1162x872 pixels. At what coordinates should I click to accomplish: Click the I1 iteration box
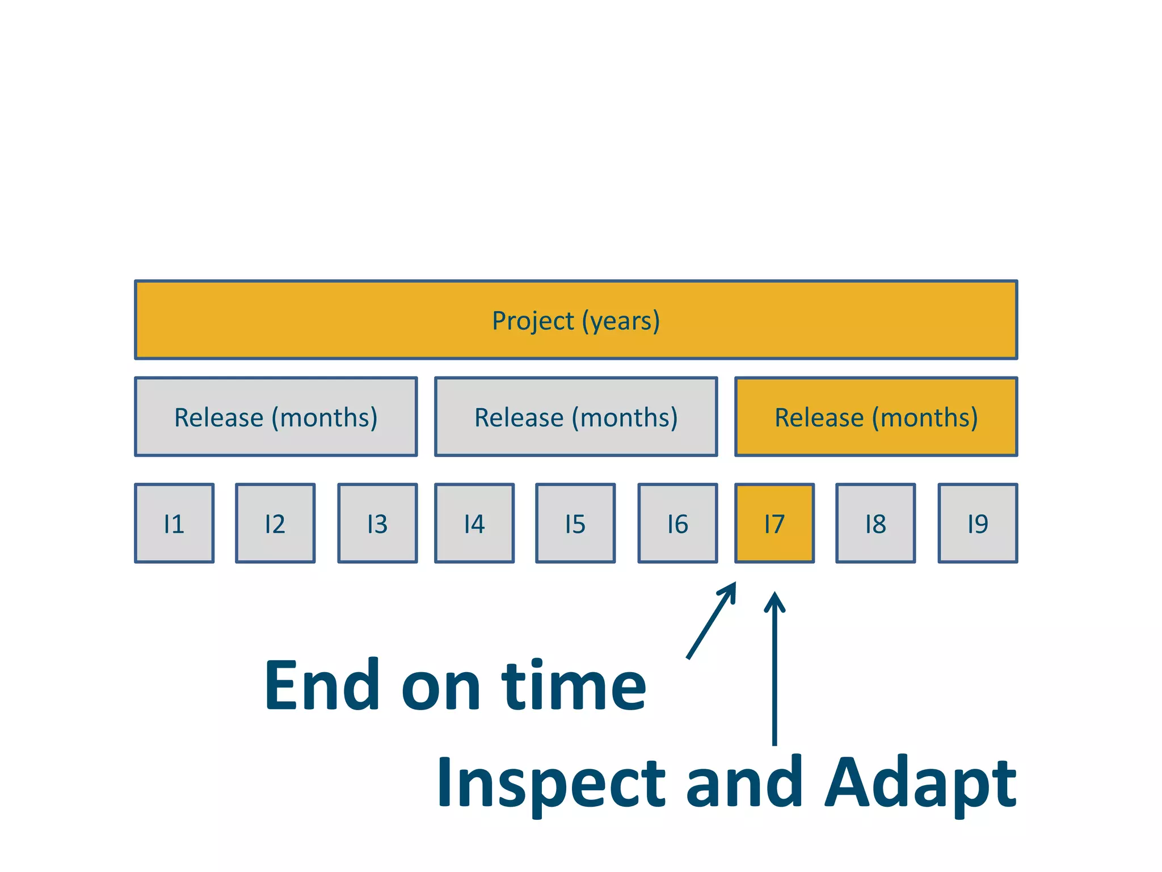(174, 523)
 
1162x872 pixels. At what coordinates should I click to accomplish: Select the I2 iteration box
(275, 523)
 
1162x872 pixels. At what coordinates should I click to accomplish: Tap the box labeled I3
(377, 523)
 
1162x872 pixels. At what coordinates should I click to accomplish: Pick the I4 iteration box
(474, 523)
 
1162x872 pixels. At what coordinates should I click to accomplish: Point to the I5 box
(575, 523)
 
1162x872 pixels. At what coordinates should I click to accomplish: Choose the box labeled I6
(677, 523)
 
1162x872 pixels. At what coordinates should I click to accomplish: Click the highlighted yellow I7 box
(774, 523)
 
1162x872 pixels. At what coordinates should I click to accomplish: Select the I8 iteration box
(875, 523)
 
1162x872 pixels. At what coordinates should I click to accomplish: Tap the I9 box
(978, 523)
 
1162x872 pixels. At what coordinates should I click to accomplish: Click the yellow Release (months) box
(876, 417)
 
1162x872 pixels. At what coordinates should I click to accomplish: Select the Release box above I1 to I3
(276, 417)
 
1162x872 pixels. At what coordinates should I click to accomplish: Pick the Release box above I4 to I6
(576, 417)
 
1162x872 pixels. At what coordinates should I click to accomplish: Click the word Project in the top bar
(533, 321)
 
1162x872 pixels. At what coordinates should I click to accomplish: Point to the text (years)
(621, 321)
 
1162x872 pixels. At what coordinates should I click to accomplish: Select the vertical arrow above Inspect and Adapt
(774, 670)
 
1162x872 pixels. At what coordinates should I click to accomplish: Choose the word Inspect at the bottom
(550, 783)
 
